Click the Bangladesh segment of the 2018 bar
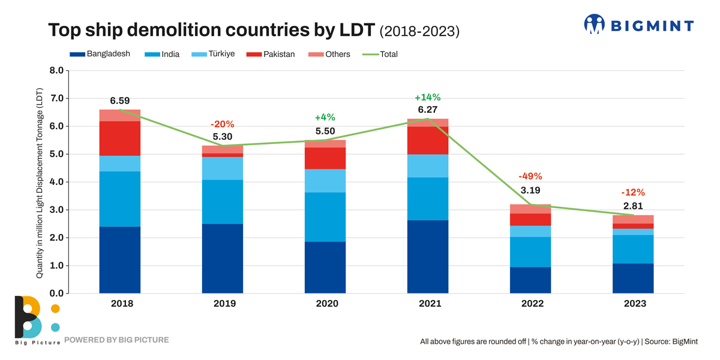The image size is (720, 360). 120,260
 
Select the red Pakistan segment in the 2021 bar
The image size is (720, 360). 427,140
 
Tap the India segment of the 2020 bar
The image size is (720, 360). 325,217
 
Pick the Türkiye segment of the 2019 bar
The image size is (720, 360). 223,169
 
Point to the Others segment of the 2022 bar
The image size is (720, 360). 530,209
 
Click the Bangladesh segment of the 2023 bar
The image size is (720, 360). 633,278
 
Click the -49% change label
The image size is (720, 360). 530,176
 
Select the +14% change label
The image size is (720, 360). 428,97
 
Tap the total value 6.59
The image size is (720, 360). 120,101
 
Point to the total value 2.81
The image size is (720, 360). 633,206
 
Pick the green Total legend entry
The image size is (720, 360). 380,54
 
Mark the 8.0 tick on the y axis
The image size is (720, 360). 56,70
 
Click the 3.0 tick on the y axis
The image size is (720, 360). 56,209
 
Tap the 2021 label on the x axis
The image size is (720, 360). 428,304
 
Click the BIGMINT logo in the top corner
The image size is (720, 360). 638,25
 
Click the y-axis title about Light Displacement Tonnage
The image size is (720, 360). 40,183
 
